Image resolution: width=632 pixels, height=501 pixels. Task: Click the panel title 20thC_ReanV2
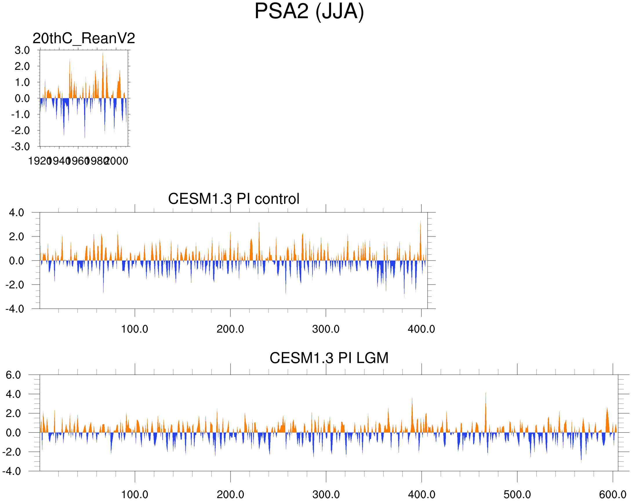(83, 38)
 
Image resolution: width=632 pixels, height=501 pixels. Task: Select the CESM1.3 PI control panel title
(234, 199)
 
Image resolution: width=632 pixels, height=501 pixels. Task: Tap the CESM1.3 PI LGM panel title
(329, 358)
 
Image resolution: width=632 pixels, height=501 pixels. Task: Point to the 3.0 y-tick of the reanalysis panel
(22, 50)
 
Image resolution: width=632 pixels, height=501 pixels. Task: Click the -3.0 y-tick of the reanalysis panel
(21, 147)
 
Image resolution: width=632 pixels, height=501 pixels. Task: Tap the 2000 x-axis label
(116, 161)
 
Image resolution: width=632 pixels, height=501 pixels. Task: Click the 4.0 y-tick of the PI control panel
(17, 213)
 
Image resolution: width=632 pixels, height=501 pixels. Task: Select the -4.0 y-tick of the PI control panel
(15, 309)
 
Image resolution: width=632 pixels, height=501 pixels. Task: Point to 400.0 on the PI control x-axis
(421, 329)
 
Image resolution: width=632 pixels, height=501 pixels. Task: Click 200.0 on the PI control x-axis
(230, 329)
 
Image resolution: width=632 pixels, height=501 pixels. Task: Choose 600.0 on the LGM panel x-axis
(613, 495)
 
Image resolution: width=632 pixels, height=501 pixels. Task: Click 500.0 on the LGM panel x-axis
(517, 495)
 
